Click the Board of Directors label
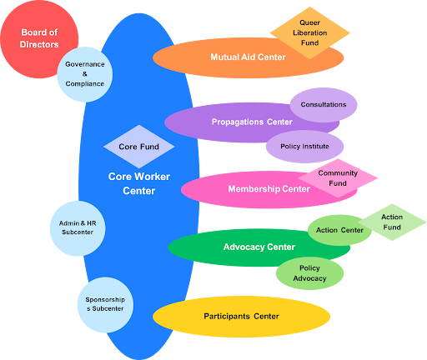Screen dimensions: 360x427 click(40, 37)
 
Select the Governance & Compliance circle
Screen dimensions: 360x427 click(84, 73)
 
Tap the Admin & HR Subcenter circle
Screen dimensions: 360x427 click(76, 227)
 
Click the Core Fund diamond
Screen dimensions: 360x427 click(138, 147)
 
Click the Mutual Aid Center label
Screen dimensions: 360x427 click(248, 57)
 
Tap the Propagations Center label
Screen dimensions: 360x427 click(251, 122)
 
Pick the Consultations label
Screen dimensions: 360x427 click(324, 105)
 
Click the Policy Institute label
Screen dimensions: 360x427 click(304, 147)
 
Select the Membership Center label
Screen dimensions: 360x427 click(269, 189)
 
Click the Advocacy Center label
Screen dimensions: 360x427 click(259, 247)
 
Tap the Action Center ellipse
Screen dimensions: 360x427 click(339, 230)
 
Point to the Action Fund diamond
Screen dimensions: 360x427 click(391, 222)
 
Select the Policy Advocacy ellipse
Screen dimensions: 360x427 click(309, 273)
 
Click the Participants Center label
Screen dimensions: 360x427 click(241, 317)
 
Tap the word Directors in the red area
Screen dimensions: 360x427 click(40, 44)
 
